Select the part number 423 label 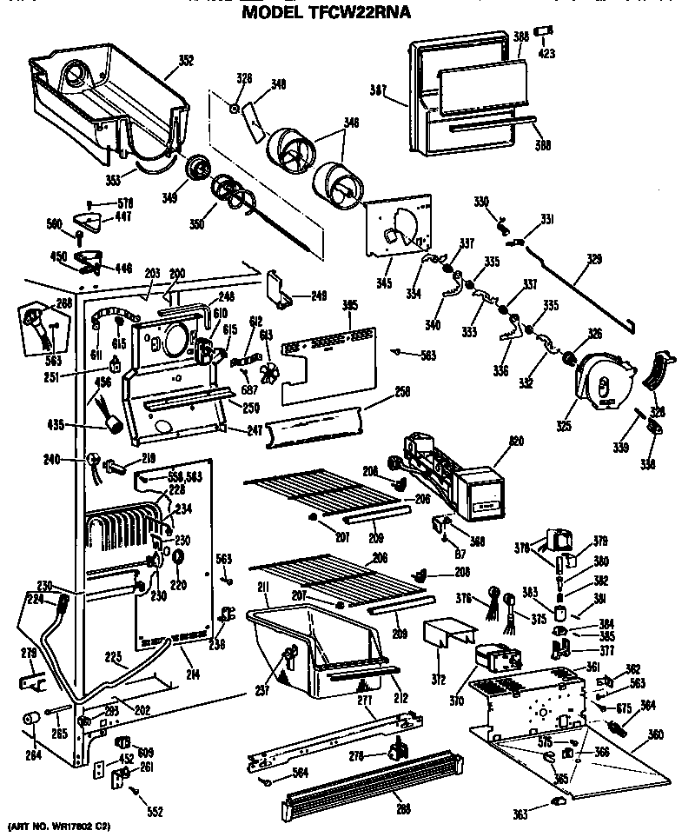click(546, 54)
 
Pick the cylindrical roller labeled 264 click(32, 719)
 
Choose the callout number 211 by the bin click(261, 588)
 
